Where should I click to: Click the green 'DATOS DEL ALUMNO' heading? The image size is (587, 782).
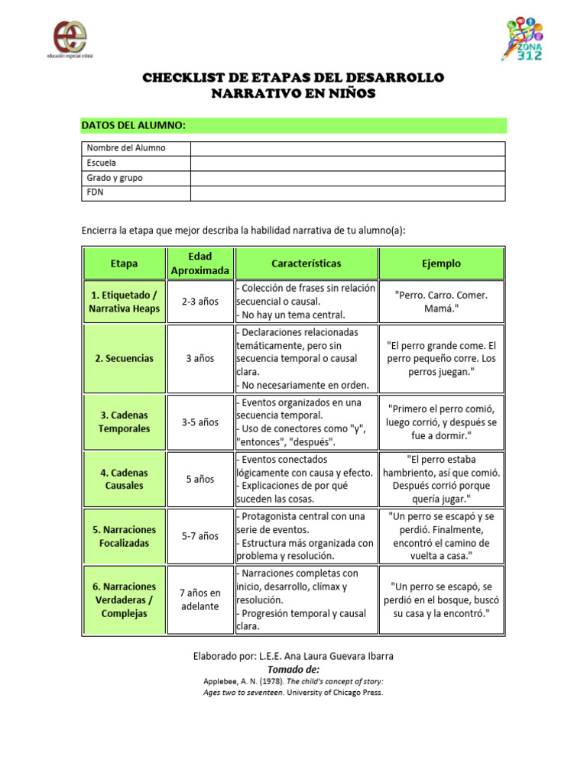[135, 125]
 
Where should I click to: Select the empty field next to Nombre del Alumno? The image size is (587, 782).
[347, 148]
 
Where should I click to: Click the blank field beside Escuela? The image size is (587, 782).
[347, 163]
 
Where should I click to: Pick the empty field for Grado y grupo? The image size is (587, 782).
[347, 178]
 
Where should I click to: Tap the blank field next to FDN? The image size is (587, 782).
[347, 192]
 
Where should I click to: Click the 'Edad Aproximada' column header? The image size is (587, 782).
[199, 263]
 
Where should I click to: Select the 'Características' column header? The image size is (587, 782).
[306, 263]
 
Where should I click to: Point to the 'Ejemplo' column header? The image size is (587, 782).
[441, 263]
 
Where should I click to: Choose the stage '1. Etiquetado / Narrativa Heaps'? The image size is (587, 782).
[124, 302]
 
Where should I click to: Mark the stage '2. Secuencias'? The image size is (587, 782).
[124, 358]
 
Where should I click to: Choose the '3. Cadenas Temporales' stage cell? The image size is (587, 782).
[124, 422]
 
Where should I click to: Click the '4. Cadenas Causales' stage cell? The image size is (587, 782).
[124, 479]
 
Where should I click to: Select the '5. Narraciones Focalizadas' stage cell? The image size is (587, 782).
[124, 536]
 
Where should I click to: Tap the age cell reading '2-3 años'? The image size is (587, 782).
[199, 302]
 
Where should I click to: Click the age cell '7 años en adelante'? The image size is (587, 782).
[199, 599]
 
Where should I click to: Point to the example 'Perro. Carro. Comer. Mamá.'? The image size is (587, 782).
[441, 302]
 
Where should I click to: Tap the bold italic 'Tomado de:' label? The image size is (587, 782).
[293, 669]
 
